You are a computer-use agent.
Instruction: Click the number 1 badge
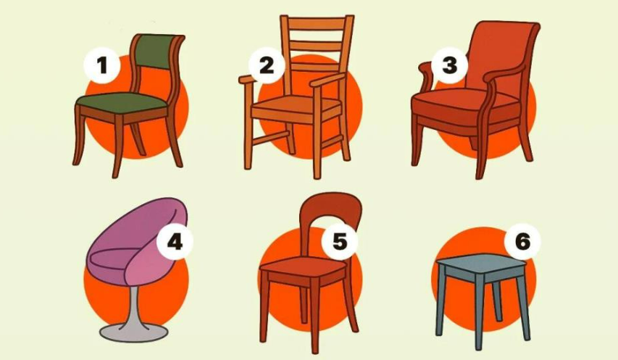[102, 65]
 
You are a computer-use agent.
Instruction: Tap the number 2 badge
[267, 65]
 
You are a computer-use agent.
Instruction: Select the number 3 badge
[450, 65]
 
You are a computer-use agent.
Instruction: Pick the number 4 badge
[175, 241]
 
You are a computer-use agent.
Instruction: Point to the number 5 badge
[340, 241]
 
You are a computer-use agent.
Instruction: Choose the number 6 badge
[522, 241]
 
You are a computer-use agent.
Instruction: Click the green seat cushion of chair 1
[122, 103]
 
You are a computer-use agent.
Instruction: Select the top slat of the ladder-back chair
[317, 24]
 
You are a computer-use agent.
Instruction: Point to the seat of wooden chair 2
[296, 104]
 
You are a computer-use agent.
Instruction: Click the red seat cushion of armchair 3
[465, 105]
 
